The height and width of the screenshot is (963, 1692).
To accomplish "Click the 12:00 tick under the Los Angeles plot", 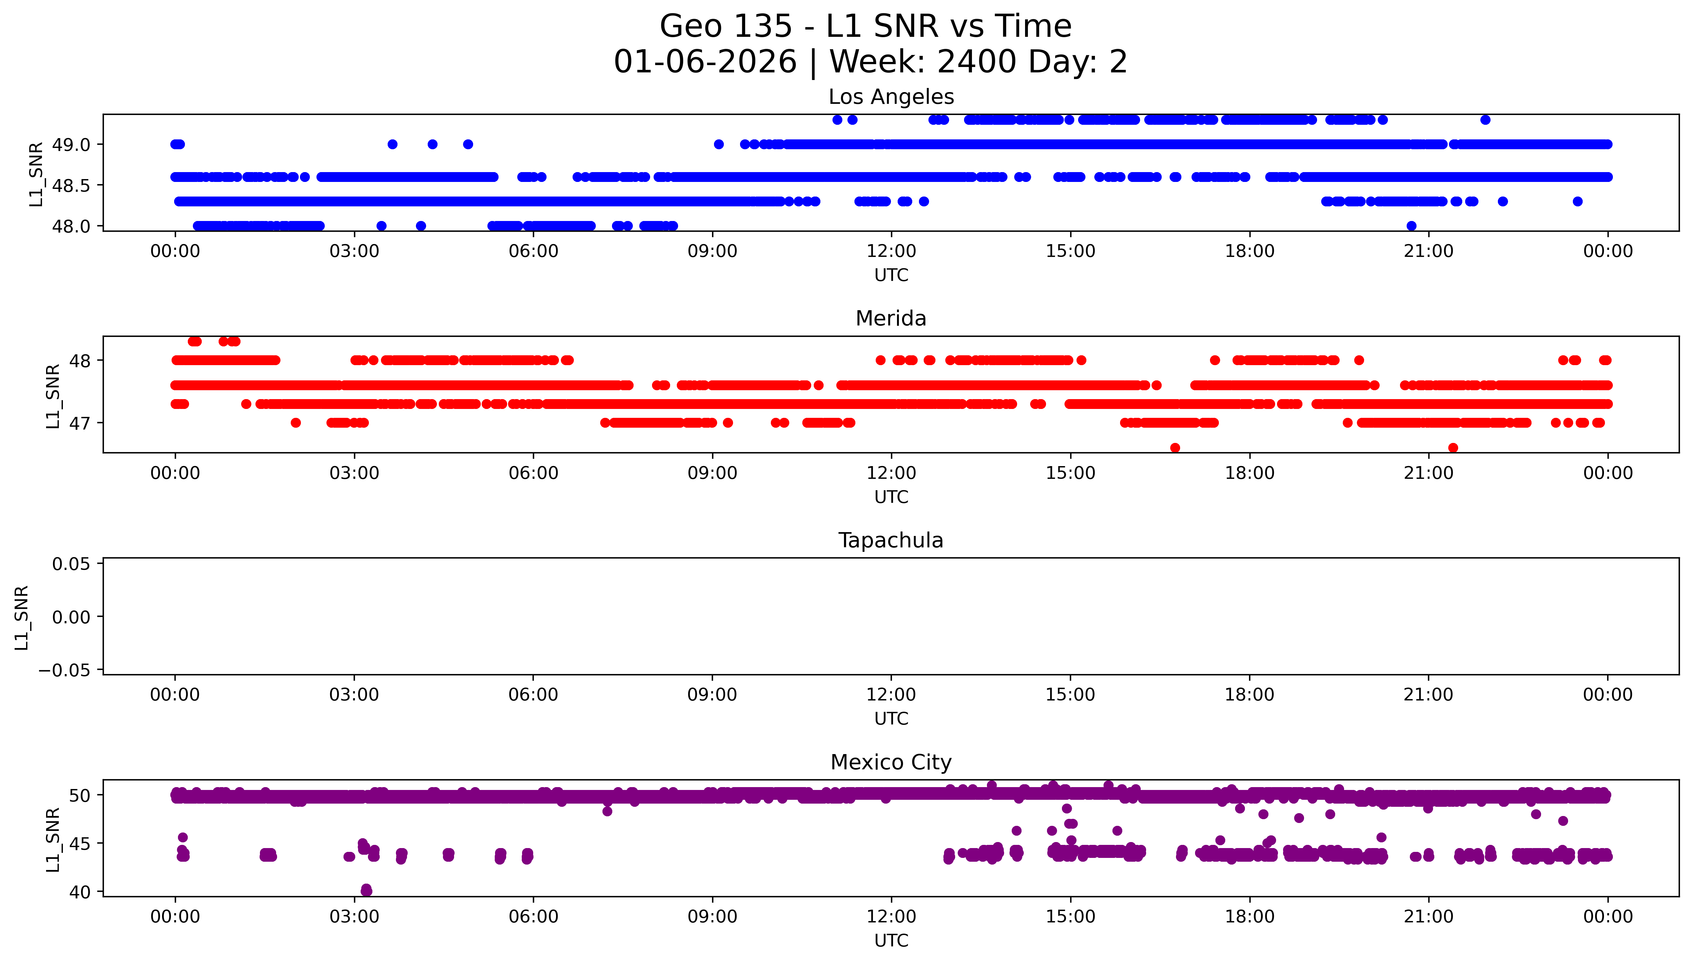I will (x=891, y=251).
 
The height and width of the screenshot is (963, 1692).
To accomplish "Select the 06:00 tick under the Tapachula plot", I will (x=533, y=695).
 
